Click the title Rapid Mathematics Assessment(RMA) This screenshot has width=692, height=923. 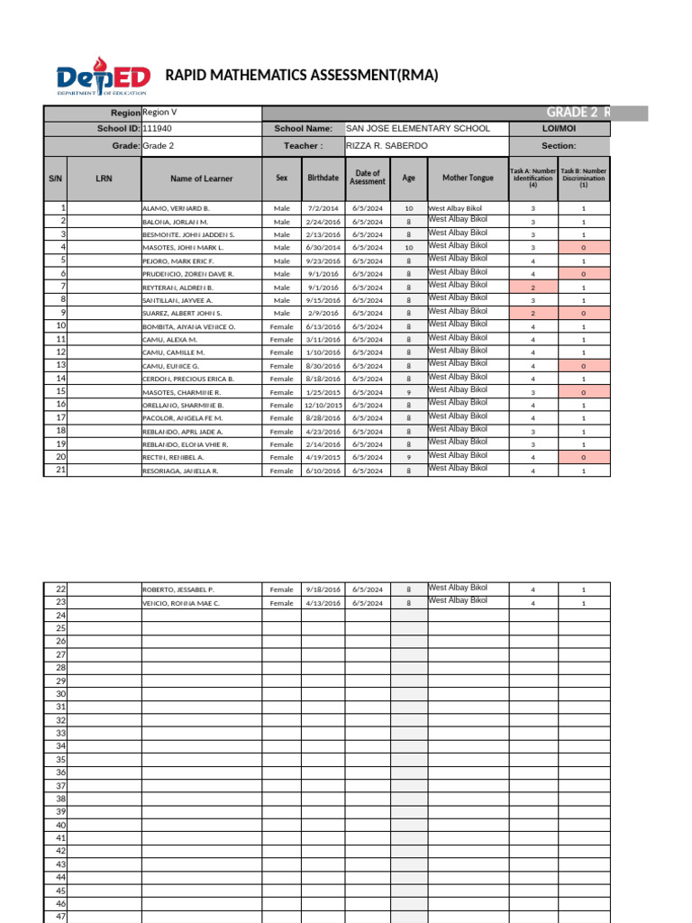click(302, 76)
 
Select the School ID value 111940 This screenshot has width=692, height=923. click(157, 129)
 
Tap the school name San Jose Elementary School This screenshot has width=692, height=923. click(418, 129)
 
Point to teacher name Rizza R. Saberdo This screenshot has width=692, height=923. click(387, 146)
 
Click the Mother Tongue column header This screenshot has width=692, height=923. click(468, 178)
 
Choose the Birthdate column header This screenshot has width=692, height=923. click(323, 178)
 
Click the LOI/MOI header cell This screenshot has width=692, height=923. click(559, 129)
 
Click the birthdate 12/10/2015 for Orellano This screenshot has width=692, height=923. click(323, 406)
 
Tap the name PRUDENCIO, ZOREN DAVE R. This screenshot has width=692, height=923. click(188, 274)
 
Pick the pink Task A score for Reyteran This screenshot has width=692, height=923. click(533, 287)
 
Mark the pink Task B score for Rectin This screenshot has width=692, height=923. click(584, 458)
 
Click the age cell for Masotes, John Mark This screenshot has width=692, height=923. click(408, 247)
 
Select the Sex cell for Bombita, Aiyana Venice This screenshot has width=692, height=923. click(282, 326)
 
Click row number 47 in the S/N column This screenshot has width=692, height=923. click(61, 916)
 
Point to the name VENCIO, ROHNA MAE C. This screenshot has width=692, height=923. click(181, 603)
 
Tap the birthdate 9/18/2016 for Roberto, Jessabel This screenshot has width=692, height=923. click(323, 589)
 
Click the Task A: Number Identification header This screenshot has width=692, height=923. click(533, 178)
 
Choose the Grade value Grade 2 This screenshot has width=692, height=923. click(159, 146)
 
